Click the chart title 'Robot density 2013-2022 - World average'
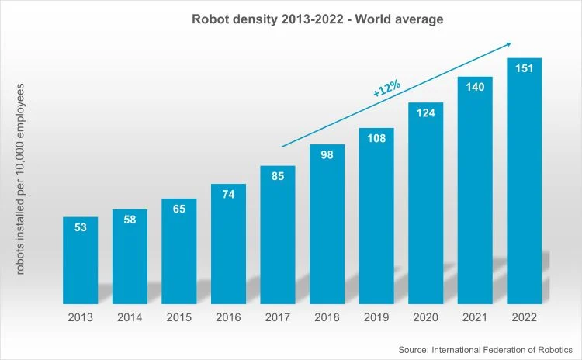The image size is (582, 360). tap(317, 19)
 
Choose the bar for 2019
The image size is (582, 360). tap(376, 217)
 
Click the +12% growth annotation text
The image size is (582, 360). tap(386, 88)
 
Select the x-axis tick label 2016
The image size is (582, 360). tap(228, 317)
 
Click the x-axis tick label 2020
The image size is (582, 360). tap(425, 317)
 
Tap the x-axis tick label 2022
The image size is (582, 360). tap(524, 317)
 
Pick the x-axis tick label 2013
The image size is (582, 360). tap(80, 317)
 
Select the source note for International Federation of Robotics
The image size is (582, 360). tap(485, 351)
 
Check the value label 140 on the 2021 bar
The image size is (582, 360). tap(475, 86)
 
